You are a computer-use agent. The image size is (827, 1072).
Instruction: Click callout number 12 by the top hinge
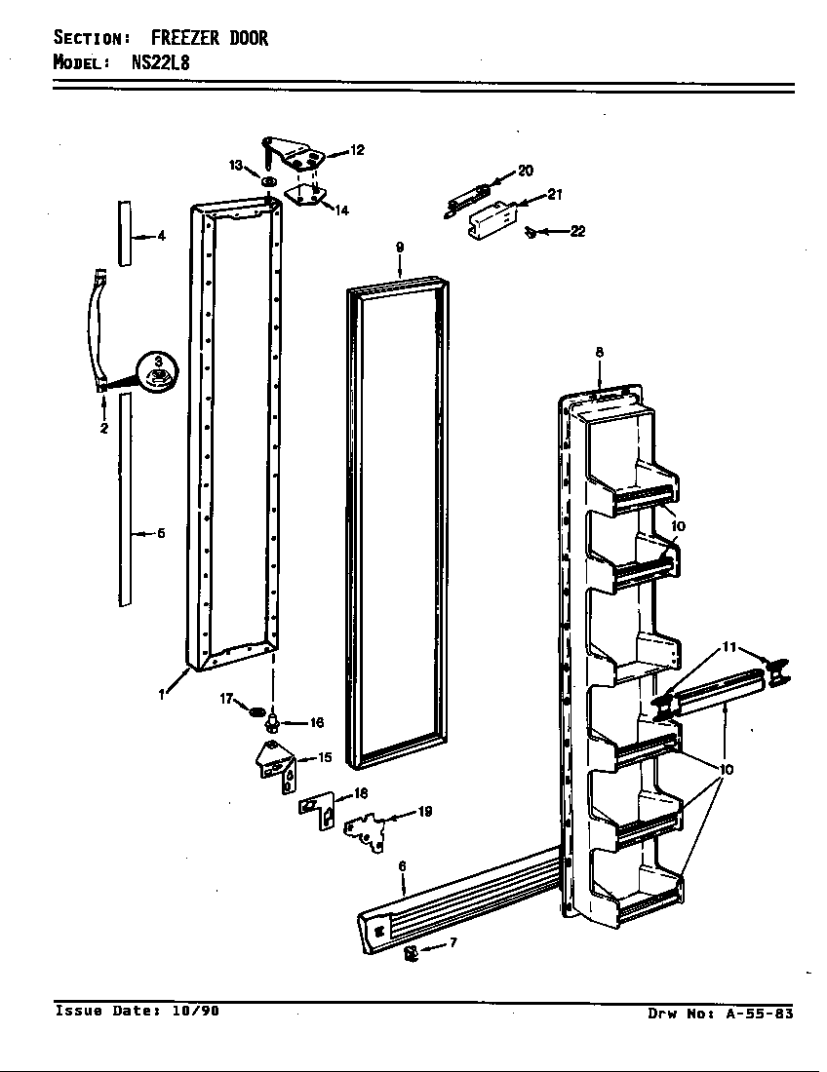pos(357,150)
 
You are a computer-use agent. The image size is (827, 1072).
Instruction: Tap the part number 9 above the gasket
pos(400,248)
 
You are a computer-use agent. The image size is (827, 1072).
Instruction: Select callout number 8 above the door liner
pos(599,352)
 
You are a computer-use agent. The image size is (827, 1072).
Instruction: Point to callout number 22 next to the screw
pos(577,232)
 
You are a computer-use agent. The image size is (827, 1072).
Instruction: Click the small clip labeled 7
pos(411,951)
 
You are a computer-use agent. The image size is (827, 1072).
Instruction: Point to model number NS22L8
pos(161,62)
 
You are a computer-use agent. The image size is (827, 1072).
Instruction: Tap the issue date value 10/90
pos(195,1011)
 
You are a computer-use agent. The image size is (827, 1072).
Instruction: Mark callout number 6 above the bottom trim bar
pos(402,865)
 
